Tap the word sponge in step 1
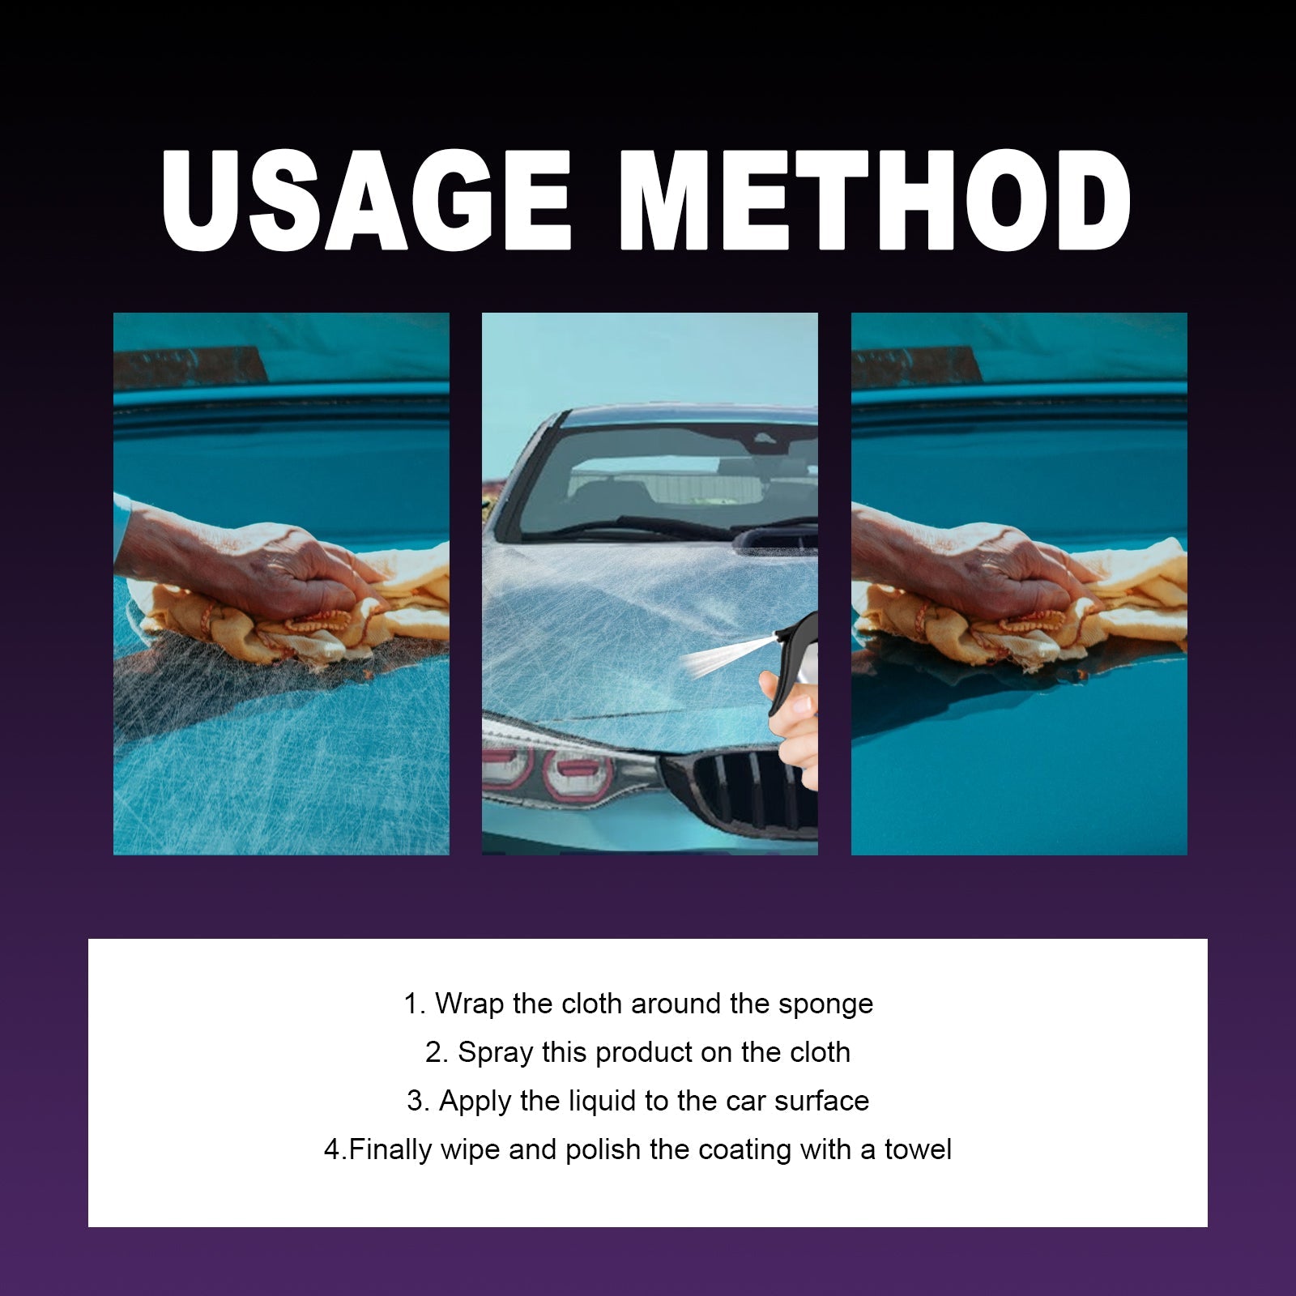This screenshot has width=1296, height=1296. [x=825, y=1004]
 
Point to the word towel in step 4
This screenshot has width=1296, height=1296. [x=918, y=1150]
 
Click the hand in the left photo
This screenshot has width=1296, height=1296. [x=267, y=567]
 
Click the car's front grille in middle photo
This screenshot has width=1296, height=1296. [x=741, y=790]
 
